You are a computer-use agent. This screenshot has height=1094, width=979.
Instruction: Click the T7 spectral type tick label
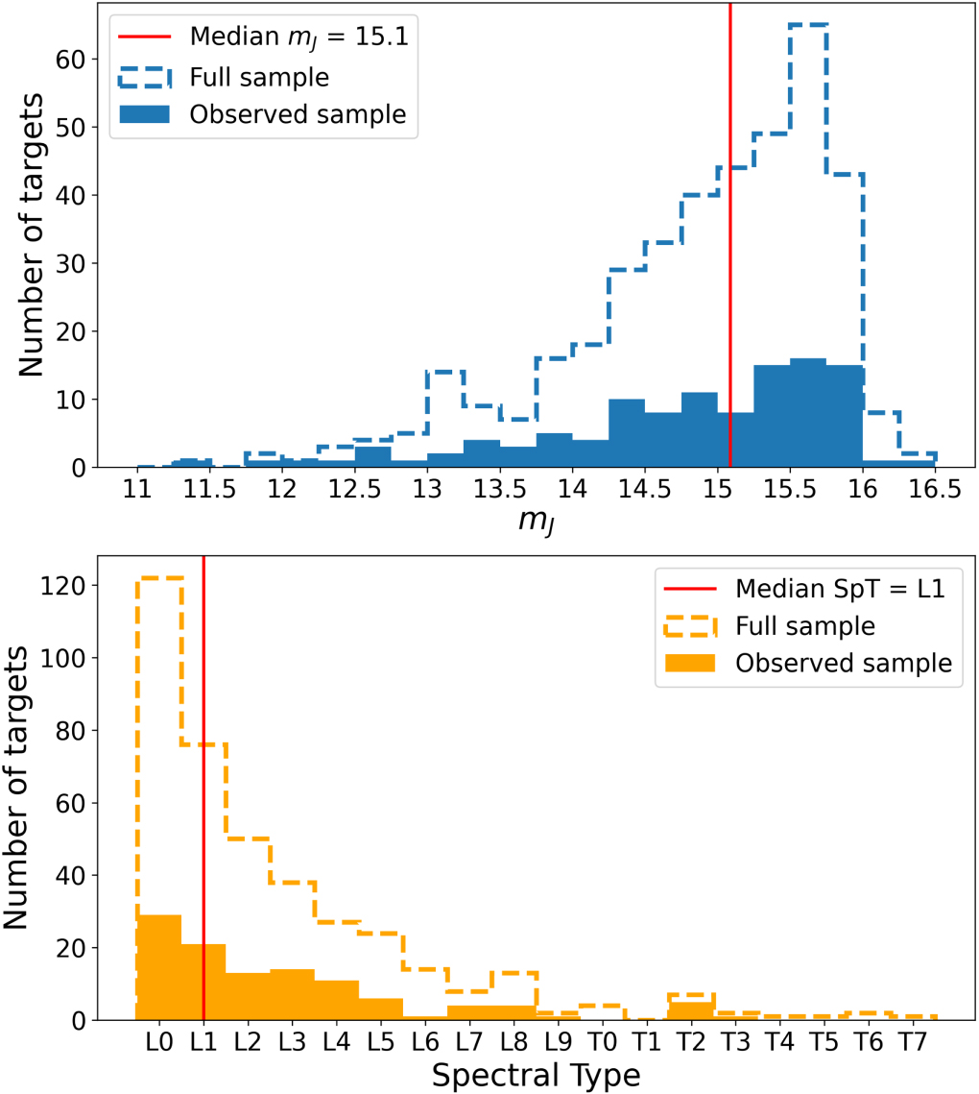(912, 1042)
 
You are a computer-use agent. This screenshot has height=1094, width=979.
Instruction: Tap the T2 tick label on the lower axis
(690, 1042)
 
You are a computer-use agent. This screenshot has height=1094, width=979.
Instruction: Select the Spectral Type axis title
(536, 1074)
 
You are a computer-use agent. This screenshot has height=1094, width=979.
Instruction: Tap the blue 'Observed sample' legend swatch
(145, 112)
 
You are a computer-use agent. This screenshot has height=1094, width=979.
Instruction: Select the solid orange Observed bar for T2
(690, 1010)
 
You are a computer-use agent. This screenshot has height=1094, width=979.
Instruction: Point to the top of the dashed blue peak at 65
(808, 25)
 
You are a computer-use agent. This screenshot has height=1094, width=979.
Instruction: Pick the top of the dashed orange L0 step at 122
(159, 578)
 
